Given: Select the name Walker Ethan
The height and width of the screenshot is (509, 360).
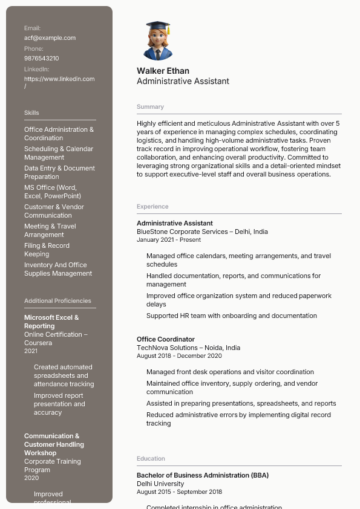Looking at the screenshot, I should click(x=163, y=71).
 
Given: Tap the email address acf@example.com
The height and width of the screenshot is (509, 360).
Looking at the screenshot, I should click(x=50, y=37).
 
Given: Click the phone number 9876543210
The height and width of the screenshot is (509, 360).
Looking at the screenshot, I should click(x=42, y=58).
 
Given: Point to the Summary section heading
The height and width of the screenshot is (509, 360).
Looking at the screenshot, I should click(x=150, y=106).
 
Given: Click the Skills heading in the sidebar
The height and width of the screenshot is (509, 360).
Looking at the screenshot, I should click(x=31, y=112).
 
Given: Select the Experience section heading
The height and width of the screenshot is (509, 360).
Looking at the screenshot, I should click(x=152, y=207).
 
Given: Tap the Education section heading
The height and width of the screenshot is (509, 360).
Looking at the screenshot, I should click(x=151, y=459).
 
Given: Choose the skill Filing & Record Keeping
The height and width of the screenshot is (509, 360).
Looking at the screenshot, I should click(x=47, y=250).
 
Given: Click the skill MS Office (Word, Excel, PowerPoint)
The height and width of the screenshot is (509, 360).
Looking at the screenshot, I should click(x=53, y=192).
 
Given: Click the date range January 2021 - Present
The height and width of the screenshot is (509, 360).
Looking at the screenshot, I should click(x=169, y=240).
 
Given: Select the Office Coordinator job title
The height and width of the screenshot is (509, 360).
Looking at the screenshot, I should click(x=166, y=339).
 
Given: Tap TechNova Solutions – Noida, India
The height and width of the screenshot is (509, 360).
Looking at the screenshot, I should click(x=188, y=348).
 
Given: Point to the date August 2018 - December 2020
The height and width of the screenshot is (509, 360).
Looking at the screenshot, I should click(x=179, y=356).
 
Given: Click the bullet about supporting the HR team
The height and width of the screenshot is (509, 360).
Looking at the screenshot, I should click(x=232, y=316).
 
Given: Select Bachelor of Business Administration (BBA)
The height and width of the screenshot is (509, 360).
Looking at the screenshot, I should click(x=203, y=475).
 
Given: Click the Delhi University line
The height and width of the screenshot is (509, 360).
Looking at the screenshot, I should click(x=160, y=484).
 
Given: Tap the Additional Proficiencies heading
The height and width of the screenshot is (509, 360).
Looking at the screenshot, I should click(x=57, y=300).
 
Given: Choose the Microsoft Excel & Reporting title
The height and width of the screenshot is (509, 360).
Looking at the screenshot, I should click(x=51, y=322).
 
